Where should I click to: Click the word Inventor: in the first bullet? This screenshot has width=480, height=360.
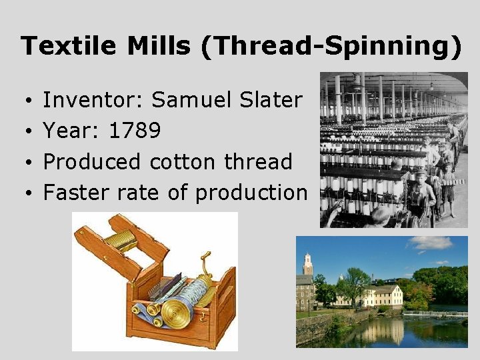(93, 101)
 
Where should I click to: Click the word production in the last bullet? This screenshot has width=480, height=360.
(251, 193)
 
